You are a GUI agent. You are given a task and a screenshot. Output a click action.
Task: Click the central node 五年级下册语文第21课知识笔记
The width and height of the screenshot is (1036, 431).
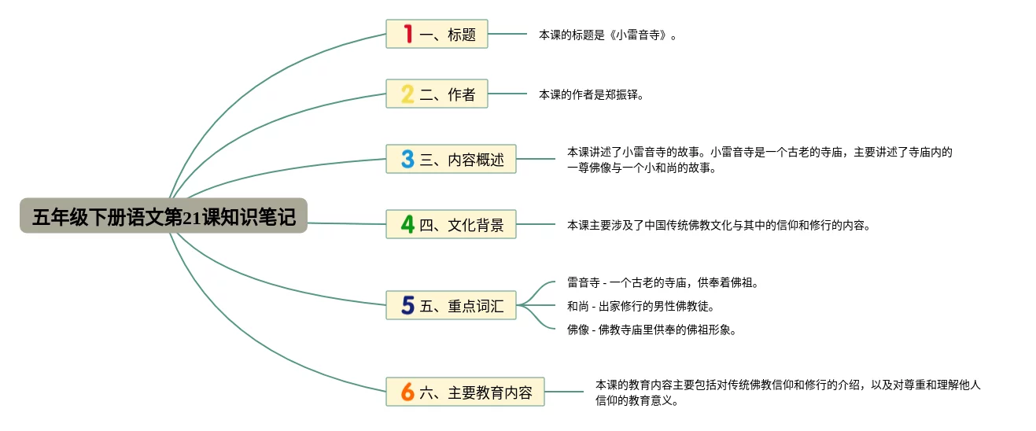[164, 216]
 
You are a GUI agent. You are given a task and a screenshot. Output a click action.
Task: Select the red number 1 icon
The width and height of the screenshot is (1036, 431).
[407, 34]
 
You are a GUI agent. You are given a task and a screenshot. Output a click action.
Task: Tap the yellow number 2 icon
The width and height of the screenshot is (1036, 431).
[407, 94]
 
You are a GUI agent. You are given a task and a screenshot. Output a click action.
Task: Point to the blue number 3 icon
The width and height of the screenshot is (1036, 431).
[407, 159]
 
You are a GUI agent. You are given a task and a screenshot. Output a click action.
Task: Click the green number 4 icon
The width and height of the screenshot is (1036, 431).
[407, 224]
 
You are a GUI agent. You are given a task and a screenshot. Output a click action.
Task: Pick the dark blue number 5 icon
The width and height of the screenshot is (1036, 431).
[407, 305]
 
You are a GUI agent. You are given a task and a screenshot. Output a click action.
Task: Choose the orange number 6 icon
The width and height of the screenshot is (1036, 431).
[407, 391]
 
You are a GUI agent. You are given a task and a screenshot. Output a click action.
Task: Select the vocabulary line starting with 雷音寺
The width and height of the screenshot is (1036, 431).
[662, 282]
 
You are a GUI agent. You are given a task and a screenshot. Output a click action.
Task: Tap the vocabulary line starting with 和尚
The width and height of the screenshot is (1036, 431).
[640, 306]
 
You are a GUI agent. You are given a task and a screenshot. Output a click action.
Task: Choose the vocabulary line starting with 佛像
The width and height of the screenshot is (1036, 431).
[651, 330]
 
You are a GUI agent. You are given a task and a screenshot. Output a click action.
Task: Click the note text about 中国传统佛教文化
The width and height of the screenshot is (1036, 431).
[718, 225]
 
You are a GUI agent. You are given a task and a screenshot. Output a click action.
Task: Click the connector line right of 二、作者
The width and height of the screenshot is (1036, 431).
[507, 94]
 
